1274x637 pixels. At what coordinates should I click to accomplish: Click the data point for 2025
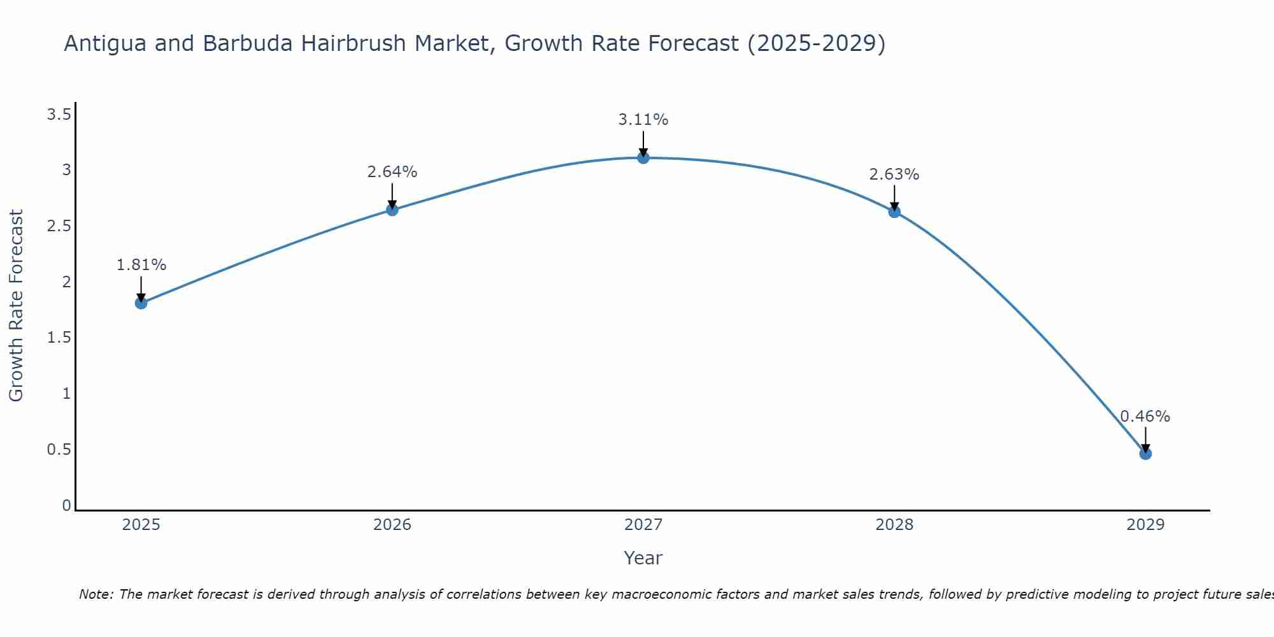coord(141,303)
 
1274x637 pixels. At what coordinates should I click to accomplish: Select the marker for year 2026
coord(392,210)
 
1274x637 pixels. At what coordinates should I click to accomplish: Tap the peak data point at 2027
coord(643,157)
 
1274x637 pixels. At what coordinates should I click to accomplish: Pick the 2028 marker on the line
coord(894,211)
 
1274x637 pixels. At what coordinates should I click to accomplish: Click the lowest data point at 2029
coord(1145,454)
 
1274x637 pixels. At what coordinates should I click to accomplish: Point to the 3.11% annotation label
coord(643,120)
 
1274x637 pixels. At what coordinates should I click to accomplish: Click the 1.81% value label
coord(141,265)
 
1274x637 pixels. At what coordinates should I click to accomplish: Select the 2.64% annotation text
coord(392,172)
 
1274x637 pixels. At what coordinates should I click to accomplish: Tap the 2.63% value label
coord(894,175)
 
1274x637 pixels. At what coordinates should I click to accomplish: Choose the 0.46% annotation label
coord(1145,417)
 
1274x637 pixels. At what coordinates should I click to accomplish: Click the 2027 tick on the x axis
coord(643,525)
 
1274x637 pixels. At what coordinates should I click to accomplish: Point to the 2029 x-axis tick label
coord(1145,525)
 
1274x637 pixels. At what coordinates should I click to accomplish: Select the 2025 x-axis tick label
coord(141,525)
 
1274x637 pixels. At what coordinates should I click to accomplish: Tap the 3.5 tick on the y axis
coord(59,115)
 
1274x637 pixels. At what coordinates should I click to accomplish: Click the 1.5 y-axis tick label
coord(59,338)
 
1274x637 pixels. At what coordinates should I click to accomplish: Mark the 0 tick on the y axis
coord(66,505)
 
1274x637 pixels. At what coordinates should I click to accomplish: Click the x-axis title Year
coord(643,558)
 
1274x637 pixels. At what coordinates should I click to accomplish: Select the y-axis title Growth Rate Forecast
coord(17,305)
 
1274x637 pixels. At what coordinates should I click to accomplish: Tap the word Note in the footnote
coord(96,594)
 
